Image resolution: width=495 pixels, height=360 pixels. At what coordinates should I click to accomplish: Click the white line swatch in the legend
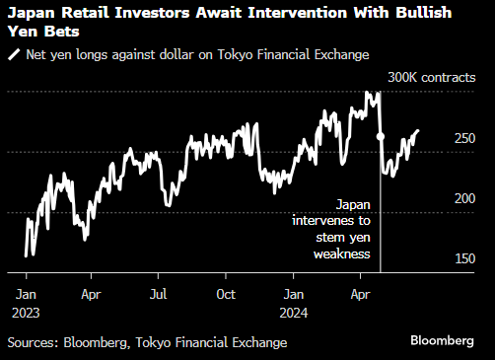13,54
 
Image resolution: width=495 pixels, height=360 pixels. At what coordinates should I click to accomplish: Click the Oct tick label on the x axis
225,294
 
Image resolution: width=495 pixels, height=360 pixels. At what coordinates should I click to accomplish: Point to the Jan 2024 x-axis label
294,302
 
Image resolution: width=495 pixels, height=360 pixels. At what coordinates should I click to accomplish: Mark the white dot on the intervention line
380,138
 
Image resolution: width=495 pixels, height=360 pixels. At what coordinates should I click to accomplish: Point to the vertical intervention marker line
380,217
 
